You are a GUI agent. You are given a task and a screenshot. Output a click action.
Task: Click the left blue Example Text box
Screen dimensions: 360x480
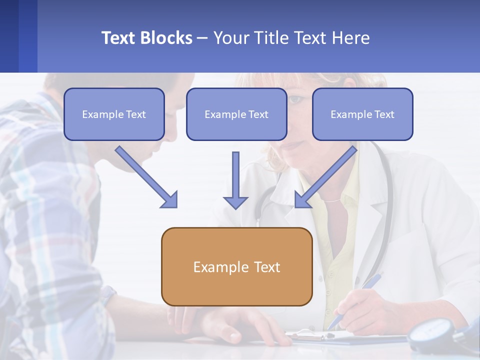click(x=114, y=114)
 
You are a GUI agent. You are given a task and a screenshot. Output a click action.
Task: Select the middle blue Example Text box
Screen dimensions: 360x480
click(x=236, y=114)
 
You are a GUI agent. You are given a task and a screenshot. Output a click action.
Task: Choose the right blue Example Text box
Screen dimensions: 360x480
click(x=362, y=114)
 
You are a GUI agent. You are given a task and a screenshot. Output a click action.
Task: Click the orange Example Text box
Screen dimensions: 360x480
click(x=236, y=266)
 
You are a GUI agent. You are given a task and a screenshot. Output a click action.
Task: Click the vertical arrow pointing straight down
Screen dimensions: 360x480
click(x=235, y=177)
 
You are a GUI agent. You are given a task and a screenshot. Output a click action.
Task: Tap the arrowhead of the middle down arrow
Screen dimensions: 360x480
click(x=235, y=202)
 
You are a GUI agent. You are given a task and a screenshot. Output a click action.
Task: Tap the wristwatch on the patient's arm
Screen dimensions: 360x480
click(x=107, y=295)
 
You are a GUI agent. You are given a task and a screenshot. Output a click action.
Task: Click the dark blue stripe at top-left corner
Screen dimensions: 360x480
click(x=9, y=36)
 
